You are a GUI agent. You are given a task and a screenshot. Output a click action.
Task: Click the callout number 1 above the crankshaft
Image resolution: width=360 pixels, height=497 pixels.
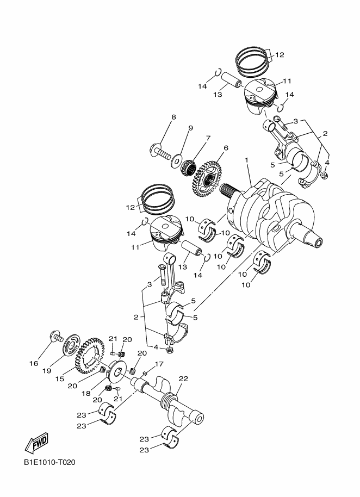(246, 161)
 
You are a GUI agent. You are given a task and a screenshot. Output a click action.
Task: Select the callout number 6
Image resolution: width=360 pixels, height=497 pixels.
(225, 148)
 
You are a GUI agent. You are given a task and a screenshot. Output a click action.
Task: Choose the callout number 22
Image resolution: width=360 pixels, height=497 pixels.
(183, 379)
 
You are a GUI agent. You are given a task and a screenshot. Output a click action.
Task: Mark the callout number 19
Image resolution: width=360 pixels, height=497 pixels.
(47, 371)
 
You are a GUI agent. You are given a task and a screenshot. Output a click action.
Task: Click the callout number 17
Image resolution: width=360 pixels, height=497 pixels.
(160, 364)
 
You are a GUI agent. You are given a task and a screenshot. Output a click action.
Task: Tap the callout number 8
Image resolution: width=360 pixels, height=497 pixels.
(173, 117)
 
